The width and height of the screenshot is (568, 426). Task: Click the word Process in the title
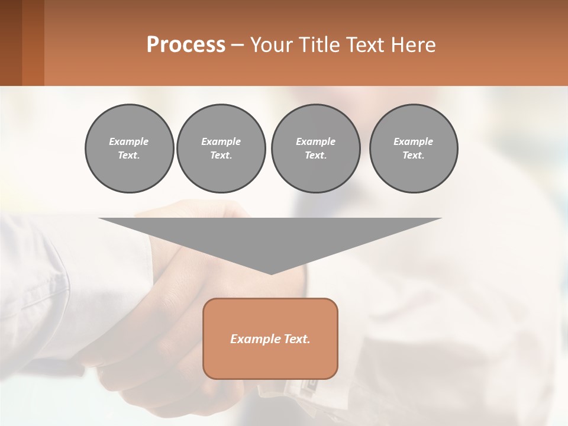186,45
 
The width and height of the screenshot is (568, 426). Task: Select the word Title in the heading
318,45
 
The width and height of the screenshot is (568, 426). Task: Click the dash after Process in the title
237,46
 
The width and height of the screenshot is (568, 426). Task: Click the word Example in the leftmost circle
129,141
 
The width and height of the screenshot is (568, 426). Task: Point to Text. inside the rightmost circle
414,155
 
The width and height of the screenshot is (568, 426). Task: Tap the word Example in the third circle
315,141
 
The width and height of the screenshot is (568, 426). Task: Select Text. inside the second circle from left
221,155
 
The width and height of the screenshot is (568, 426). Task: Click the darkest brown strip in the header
11,43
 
